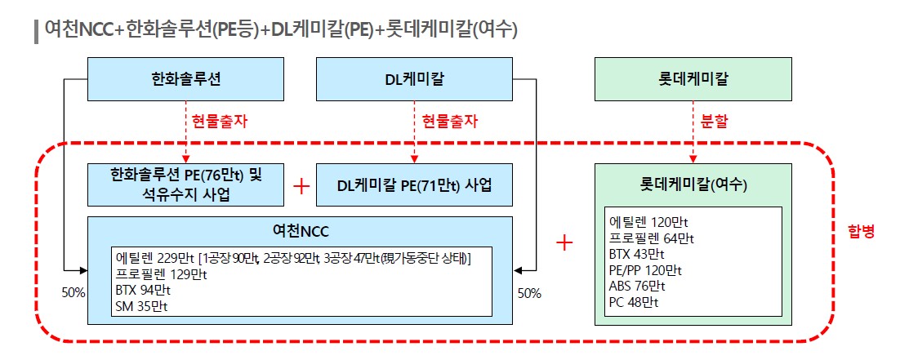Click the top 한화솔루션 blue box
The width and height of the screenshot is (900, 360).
point(187,79)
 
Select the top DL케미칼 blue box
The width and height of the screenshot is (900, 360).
point(414,79)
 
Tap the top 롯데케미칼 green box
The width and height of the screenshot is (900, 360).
point(693,79)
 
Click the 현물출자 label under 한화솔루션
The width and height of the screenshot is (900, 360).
point(219,121)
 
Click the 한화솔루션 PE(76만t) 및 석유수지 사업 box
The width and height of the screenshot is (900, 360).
point(186,184)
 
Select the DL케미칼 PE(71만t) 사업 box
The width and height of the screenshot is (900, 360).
point(414,185)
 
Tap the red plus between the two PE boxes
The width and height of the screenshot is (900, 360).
point(301,186)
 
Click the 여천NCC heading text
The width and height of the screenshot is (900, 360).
point(300,231)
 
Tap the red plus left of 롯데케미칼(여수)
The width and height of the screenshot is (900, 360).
point(564,242)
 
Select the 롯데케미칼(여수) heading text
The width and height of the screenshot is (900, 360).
point(693,185)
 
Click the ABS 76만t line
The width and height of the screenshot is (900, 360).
point(637,286)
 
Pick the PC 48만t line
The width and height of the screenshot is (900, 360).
point(634,302)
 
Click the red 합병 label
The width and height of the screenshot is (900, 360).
point(862,232)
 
